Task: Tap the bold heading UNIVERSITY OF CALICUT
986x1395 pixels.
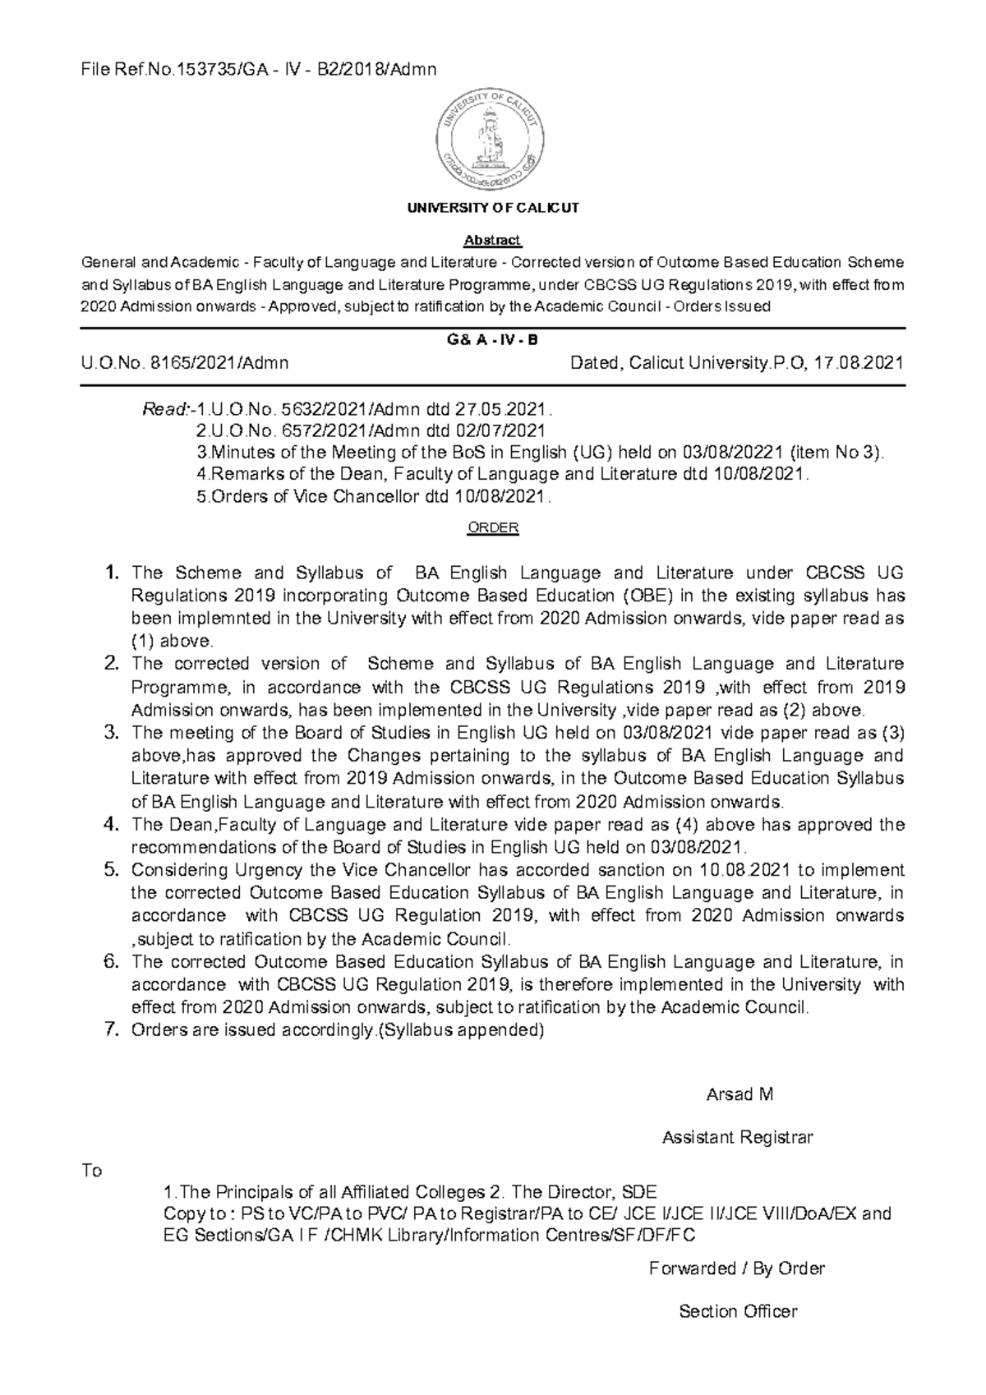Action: point(492,208)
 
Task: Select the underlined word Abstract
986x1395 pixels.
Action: point(492,241)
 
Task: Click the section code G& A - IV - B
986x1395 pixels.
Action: point(492,340)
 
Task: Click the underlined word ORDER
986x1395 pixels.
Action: point(492,528)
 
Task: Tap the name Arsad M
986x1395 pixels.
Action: point(739,1094)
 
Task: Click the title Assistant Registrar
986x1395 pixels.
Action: point(737,1138)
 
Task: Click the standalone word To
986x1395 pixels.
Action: point(91,1171)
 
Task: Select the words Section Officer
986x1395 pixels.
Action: point(737,1311)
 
